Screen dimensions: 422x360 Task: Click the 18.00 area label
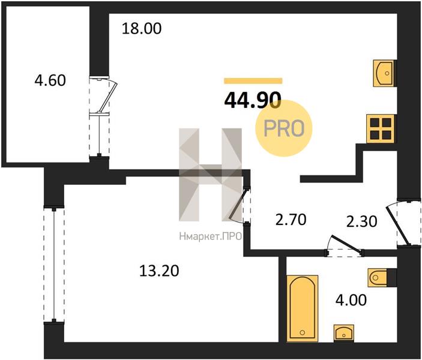[142, 29]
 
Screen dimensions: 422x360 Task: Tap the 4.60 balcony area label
[50, 80]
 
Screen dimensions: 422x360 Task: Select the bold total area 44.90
[253, 100]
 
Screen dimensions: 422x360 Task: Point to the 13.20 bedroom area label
[159, 271]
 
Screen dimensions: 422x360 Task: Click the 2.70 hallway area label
[291, 219]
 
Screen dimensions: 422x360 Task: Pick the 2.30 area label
[361, 222]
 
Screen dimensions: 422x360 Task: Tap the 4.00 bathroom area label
[351, 300]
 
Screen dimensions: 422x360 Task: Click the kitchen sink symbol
[384, 73]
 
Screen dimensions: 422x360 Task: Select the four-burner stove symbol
[381, 128]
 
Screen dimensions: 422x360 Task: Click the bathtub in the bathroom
[302, 308]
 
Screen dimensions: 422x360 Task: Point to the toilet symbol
[378, 277]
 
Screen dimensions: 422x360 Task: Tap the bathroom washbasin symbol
[344, 333]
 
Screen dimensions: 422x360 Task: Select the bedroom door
[238, 205]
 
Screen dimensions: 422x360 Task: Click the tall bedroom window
[54, 263]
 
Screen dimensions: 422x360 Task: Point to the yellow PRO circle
[284, 128]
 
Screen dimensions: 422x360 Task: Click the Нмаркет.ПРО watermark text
[211, 236]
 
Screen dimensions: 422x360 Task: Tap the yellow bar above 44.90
[253, 81]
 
